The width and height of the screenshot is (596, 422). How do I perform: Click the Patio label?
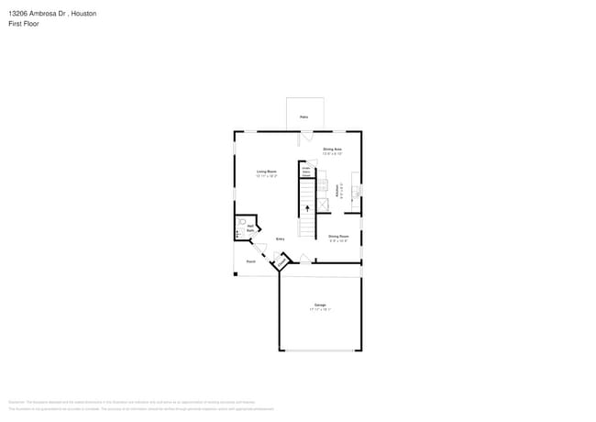pyautogui.click(x=304, y=117)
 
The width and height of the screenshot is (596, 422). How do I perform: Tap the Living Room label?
pyautogui.click(x=267, y=172)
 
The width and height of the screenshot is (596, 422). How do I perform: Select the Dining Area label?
pyautogui.click(x=332, y=150)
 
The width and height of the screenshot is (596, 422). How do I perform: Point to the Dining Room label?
pyautogui.click(x=338, y=237)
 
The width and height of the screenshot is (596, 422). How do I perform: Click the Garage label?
pyautogui.click(x=320, y=305)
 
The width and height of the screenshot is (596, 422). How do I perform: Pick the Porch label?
pyautogui.click(x=250, y=261)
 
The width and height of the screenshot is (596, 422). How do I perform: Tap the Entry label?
pyautogui.click(x=281, y=239)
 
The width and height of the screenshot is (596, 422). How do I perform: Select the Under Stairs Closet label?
pyautogui.click(x=306, y=172)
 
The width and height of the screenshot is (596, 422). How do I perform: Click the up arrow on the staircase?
pyautogui.click(x=306, y=208)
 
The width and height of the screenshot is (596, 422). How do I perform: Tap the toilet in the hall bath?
pyautogui.click(x=243, y=221)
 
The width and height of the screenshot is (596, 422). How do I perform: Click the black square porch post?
pyautogui.click(x=236, y=273)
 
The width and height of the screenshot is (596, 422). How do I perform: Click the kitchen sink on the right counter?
pyautogui.click(x=357, y=192)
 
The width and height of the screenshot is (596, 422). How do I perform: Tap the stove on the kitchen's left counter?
pyautogui.click(x=323, y=184)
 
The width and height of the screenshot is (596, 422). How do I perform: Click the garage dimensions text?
pyautogui.click(x=320, y=310)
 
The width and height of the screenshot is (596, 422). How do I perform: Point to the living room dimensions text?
pyautogui.click(x=267, y=176)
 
